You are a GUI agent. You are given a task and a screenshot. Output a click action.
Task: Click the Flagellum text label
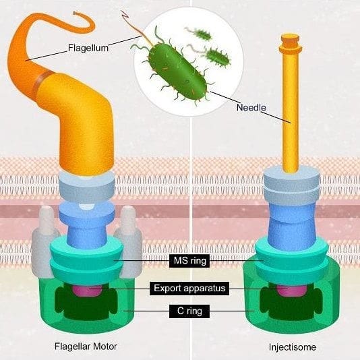[88, 48]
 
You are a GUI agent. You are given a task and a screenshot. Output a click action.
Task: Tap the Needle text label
[251, 107]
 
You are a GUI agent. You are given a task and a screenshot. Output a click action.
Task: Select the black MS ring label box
[189, 261]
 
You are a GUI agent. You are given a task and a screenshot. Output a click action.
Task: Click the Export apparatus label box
[189, 288]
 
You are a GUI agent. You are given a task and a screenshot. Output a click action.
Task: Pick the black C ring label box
[189, 311]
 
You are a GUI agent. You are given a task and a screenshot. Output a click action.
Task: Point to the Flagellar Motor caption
[86, 347]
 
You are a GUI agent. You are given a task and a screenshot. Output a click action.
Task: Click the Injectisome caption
[293, 347]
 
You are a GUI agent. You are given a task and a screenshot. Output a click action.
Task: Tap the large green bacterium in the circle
[177, 71]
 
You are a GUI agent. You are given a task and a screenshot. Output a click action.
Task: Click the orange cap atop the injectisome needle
[290, 43]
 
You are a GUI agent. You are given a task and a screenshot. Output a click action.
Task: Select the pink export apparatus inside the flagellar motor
[87, 291]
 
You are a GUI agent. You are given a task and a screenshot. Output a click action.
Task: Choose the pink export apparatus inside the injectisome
[291, 291]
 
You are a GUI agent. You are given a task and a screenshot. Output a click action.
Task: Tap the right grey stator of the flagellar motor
[129, 241]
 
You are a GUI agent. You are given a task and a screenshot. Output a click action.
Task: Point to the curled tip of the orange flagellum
[75, 13]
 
